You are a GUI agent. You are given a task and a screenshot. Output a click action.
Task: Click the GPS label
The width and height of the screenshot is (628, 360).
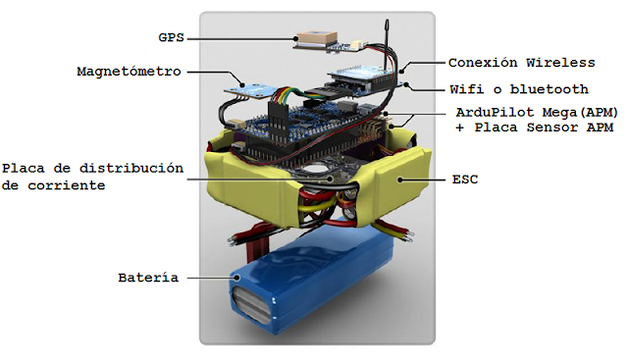[x=172, y=37]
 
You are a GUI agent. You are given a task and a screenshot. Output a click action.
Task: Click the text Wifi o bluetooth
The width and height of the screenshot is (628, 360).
[x=520, y=89]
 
